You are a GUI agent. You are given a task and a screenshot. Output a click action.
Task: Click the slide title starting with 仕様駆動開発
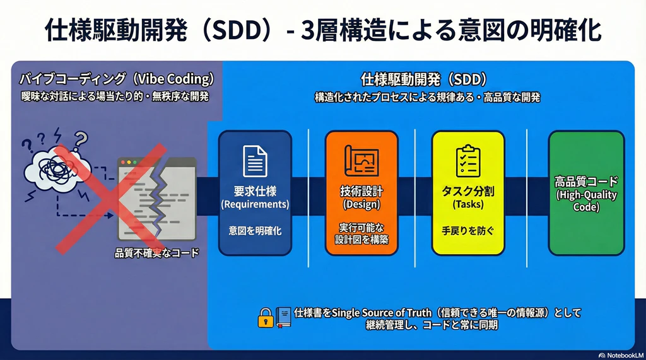point(322,30)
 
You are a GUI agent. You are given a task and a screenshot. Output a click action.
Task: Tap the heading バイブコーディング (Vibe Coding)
point(116,80)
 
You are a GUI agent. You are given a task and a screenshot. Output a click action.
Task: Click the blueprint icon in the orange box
point(361,160)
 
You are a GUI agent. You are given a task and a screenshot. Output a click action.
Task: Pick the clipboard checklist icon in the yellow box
point(467,160)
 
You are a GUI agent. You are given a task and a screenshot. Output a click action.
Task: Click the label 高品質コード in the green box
point(586,182)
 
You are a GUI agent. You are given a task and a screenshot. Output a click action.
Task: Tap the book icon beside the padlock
point(283,318)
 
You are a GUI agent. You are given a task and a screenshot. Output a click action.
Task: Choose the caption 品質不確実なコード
point(156,253)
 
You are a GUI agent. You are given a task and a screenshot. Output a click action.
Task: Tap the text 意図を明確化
point(255,231)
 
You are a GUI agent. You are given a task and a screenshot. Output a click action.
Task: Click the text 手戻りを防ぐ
point(467,231)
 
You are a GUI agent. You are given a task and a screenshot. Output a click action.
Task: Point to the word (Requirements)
point(255,204)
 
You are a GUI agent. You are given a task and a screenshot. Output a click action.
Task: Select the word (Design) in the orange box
point(361,204)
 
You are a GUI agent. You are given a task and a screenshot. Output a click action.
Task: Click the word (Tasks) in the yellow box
point(467,204)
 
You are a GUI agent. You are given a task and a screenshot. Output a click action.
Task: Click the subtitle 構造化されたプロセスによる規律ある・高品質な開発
point(427,98)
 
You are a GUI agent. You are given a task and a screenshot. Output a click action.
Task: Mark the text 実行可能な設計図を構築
point(361,233)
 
